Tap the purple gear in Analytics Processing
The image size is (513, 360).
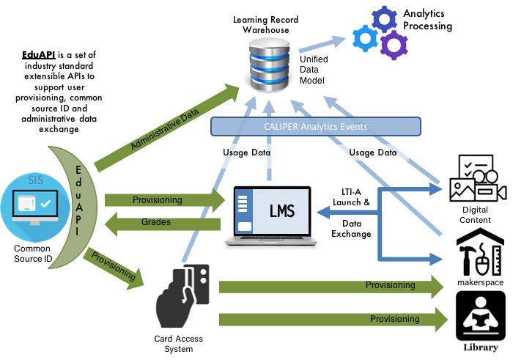tap(392, 46)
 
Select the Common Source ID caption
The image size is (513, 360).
tap(32, 254)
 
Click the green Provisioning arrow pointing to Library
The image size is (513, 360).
tap(333, 319)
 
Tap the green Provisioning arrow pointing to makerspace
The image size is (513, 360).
tap(333, 285)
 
